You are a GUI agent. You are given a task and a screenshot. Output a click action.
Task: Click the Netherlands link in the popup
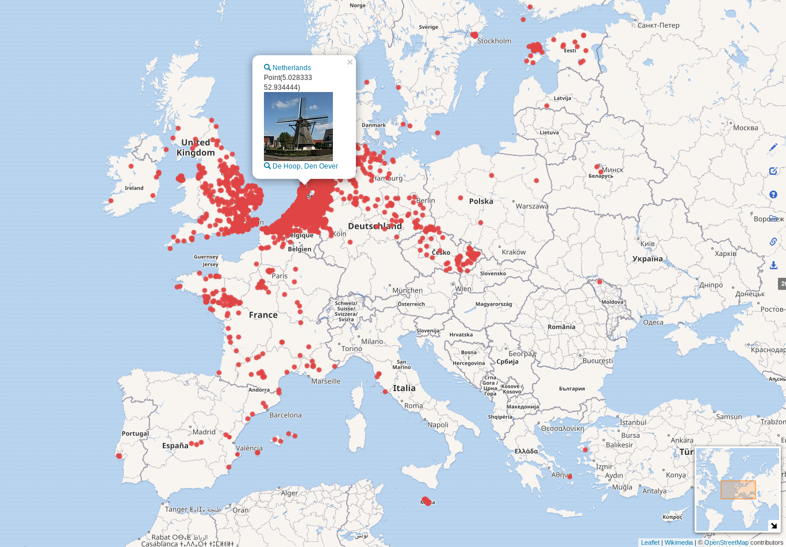coord(291,68)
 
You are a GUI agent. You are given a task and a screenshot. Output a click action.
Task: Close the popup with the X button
coord(350,62)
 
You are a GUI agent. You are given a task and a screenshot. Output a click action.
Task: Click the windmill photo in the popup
coord(298,127)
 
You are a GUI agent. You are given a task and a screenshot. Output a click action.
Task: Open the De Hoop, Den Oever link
coord(305,166)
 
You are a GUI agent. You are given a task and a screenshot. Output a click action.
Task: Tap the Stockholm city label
coord(494,41)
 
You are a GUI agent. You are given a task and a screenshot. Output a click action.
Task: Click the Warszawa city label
coord(531,206)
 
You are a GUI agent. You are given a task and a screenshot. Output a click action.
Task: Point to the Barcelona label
coord(285,415)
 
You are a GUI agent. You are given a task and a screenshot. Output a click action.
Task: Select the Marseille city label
coord(325,381)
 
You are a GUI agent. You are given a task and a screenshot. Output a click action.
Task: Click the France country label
coord(263,315)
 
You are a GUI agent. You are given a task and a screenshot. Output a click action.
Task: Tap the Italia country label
coord(404,388)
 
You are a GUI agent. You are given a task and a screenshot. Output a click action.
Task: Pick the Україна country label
coord(647,259)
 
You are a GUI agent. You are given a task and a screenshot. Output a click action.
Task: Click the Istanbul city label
coord(633,422)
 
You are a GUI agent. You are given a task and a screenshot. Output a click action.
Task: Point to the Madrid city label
coord(204,432)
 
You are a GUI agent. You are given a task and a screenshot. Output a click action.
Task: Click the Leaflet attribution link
coord(650,542)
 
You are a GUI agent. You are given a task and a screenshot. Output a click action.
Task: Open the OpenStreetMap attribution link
coord(726,542)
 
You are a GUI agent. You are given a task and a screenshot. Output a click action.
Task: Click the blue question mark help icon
coord(773,194)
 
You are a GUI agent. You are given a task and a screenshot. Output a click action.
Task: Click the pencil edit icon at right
coord(773,147)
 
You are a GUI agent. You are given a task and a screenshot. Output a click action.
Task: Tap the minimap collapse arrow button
coord(774,526)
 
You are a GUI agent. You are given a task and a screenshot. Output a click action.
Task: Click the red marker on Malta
coord(426,501)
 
